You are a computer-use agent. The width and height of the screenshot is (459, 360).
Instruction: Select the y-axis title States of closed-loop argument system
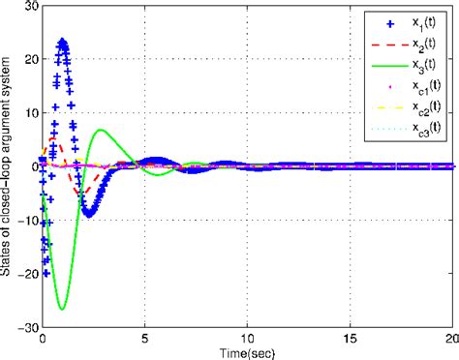(8, 166)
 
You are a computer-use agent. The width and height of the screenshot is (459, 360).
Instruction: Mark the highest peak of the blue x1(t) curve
(63, 42)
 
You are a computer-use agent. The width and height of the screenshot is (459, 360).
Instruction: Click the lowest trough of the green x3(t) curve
(62, 309)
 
